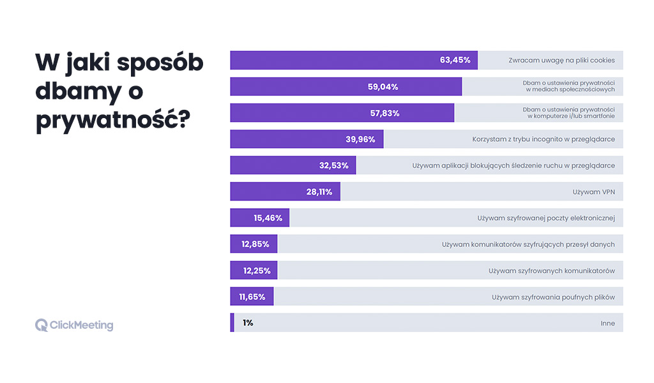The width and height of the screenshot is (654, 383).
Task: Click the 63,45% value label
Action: (455, 60)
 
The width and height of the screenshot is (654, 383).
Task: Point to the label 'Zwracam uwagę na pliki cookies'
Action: (561, 61)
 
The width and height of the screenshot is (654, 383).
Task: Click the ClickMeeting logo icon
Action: (42, 325)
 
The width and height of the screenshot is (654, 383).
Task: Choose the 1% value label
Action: (248, 323)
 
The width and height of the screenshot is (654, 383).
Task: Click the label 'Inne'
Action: (607, 323)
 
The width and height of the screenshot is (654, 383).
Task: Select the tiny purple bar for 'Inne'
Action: (232, 323)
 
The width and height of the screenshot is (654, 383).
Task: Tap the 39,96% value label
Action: (360, 139)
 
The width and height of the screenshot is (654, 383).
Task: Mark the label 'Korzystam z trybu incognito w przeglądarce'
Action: (544, 139)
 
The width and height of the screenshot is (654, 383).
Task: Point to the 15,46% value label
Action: (267, 218)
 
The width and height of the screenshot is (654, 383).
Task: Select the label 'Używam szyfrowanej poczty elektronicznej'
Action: (546, 218)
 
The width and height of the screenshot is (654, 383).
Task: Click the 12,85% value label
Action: (255, 244)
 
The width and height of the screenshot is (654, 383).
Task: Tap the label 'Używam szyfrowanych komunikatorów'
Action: (552, 271)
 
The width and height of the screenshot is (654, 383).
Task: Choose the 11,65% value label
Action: (252, 297)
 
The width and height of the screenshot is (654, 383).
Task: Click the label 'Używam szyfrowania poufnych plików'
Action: (553, 297)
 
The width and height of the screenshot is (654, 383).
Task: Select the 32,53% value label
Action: (334, 165)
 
